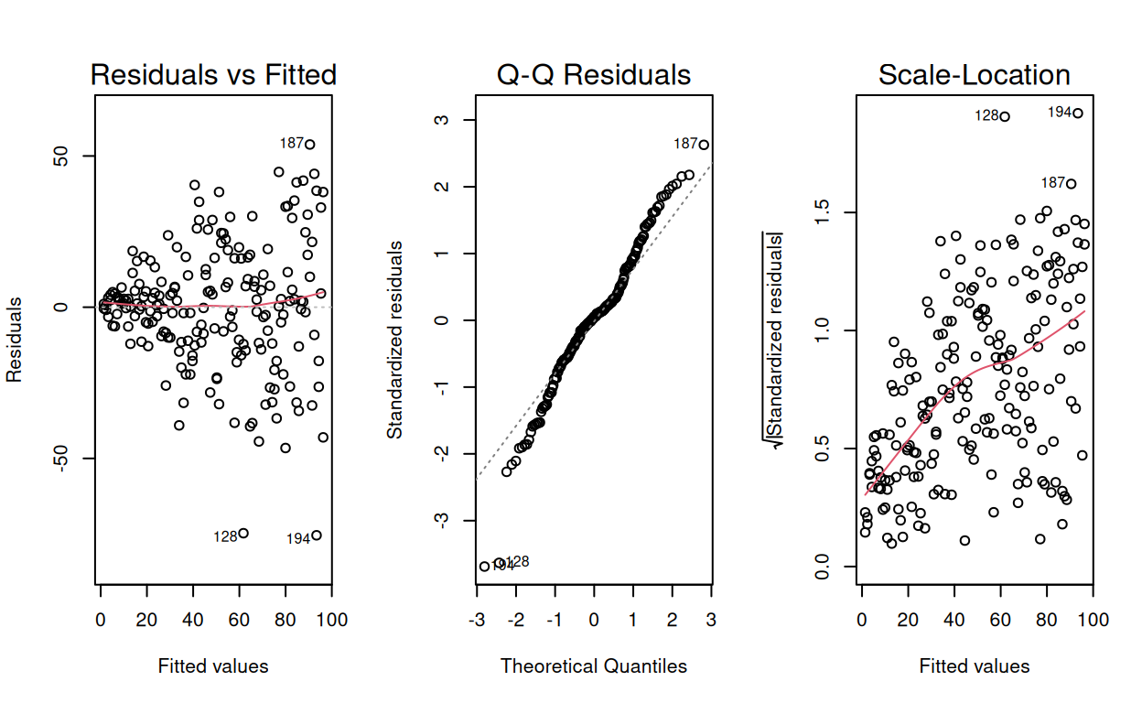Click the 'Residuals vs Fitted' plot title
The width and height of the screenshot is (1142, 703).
tap(213, 74)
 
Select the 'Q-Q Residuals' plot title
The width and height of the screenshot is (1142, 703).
tap(594, 74)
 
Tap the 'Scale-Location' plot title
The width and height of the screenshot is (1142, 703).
tap(975, 74)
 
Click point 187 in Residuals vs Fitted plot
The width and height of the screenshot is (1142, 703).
tap(310, 144)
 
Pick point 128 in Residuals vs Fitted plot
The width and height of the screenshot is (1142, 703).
tap(243, 534)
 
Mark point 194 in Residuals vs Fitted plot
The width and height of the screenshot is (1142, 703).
tap(317, 535)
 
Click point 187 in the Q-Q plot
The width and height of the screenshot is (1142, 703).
tap(703, 145)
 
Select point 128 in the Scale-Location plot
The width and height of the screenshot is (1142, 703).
tap(1004, 116)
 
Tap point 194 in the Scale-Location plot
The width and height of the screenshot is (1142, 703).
tap(1078, 114)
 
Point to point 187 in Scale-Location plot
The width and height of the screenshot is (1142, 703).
tap(1072, 184)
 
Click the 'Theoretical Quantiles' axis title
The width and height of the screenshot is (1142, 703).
tap(594, 666)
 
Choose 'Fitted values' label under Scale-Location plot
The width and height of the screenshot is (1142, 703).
tap(975, 666)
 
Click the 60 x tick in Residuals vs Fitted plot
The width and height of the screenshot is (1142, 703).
tap(239, 619)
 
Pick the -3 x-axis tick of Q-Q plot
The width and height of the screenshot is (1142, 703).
tap(476, 619)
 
